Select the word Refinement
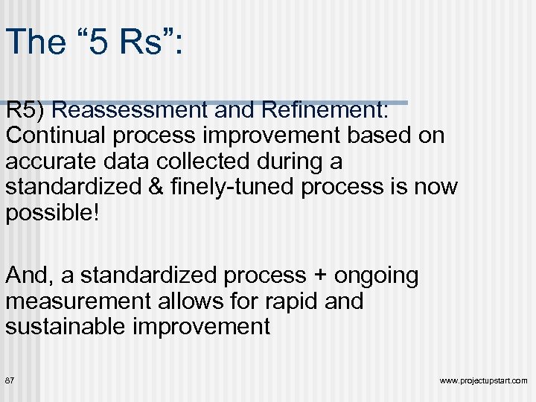coord(322,110)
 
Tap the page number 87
coord(10,380)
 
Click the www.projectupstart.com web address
coord(483,381)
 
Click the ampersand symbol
coord(153,187)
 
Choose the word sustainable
coord(73,327)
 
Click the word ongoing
coord(376,276)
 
